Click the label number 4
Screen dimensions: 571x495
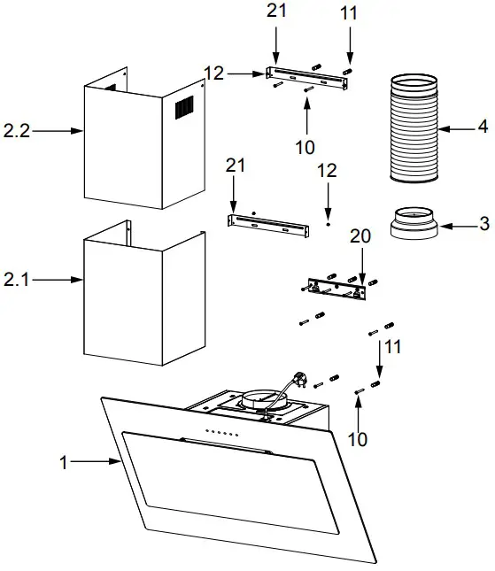tap(482, 127)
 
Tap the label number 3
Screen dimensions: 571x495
tap(483, 224)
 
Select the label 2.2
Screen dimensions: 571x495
tap(17, 131)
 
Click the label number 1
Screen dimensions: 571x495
tap(64, 462)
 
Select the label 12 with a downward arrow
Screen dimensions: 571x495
tap(328, 170)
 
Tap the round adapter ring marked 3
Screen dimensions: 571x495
tap(414, 224)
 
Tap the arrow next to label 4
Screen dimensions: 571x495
tap(456, 128)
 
